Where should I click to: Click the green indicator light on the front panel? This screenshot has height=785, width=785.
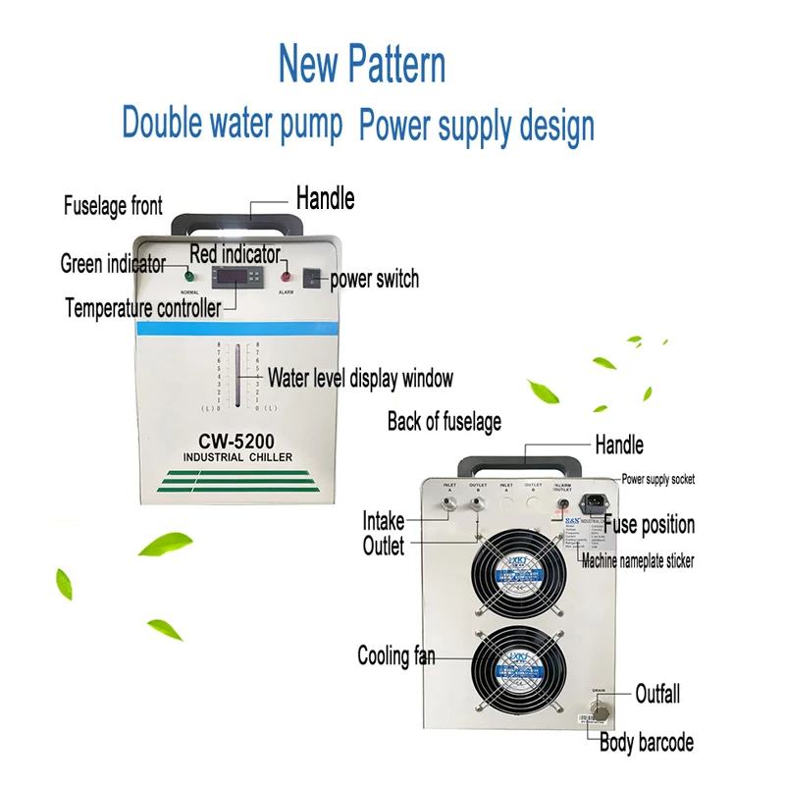(188, 276)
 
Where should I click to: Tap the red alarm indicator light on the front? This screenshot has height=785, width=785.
(286, 276)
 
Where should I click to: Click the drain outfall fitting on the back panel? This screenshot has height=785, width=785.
(598, 709)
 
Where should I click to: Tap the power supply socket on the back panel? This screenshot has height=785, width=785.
(591, 506)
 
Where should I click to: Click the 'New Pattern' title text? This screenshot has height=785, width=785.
(362, 64)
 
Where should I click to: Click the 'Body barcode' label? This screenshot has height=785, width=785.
(647, 743)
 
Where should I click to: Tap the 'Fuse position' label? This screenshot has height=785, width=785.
(649, 525)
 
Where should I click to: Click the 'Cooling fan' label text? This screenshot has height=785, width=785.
(396, 655)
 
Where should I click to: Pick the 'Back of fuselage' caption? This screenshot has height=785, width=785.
(444, 422)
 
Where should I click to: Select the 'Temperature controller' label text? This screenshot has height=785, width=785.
(142, 307)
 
